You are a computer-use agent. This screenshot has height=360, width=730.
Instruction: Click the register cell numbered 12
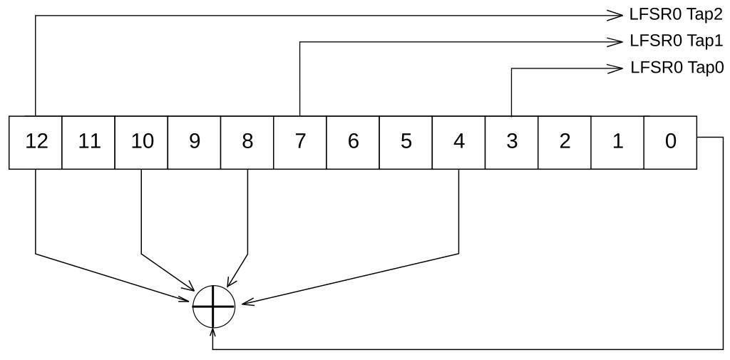(x=36, y=142)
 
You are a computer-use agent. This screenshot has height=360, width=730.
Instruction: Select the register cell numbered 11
(x=89, y=142)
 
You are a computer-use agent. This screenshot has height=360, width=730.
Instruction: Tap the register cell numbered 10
(x=142, y=142)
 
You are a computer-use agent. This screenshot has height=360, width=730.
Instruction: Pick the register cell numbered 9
(x=195, y=142)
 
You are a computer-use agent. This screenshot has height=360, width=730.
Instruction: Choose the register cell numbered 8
(x=247, y=142)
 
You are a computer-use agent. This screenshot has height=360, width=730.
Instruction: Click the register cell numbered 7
(x=300, y=142)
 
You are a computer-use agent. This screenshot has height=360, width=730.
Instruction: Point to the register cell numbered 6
(x=353, y=142)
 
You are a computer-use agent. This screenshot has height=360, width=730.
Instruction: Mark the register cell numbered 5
(x=406, y=142)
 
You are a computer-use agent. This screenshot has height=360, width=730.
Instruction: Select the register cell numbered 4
(x=458, y=142)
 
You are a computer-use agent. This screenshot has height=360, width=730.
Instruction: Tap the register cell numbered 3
(x=512, y=142)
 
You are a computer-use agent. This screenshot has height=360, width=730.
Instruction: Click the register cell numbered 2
(x=565, y=142)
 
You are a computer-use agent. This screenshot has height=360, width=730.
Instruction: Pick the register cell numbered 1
(x=617, y=142)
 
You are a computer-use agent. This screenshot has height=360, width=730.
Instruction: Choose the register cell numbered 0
(x=670, y=142)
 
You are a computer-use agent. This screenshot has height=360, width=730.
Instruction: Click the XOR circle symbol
(x=213, y=307)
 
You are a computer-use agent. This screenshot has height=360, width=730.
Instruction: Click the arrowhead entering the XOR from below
(x=213, y=332)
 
